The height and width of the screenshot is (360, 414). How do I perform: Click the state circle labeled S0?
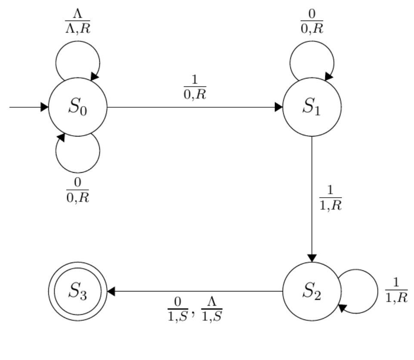click(x=77, y=107)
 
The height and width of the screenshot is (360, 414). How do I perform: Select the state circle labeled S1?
click(x=312, y=107)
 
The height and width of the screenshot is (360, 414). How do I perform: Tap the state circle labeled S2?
click(x=312, y=292)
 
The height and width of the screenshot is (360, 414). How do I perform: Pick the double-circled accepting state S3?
click(x=77, y=292)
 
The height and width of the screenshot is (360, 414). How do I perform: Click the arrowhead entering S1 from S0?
click(x=278, y=107)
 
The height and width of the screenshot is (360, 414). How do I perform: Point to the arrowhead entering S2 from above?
click(x=312, y=258)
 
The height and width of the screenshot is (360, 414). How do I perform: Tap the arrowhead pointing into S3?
click(x=111, y=292)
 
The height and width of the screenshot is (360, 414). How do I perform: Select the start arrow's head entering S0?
click(x=44, y=107)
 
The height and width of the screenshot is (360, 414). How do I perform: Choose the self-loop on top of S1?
click(x=312, y=56)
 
